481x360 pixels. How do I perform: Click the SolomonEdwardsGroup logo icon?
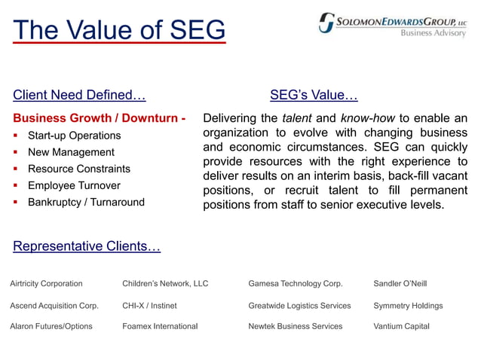(x=326, y=22)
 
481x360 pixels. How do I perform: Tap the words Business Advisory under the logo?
(x=433, y=33)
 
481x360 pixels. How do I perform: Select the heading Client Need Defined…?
(x=79, y=95)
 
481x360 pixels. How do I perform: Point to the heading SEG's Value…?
(x=314, y=95)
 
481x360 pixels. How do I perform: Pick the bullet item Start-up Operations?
(x=74, y=136)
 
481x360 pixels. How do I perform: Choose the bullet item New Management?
(x=71, y=152)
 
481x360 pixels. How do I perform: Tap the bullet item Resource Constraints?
(x=78, y=169)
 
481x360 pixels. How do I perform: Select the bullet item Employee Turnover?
(x=74, y=185)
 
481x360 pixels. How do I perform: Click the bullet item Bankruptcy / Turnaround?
(x=86, y=202)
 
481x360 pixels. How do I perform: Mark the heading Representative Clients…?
(x=87, y=246)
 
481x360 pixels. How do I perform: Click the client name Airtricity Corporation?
(x=46, y=284)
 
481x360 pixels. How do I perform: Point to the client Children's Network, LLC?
(x=165, y=284)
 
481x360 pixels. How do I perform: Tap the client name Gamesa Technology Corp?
(x=296, y=284)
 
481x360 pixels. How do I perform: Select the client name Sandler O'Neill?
(x=400, y=284)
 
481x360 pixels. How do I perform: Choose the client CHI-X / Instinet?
(x=149, y=306)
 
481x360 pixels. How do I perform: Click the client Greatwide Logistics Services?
(x=299, y=306)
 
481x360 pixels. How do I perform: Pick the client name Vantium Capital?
(x=401, y=326)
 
